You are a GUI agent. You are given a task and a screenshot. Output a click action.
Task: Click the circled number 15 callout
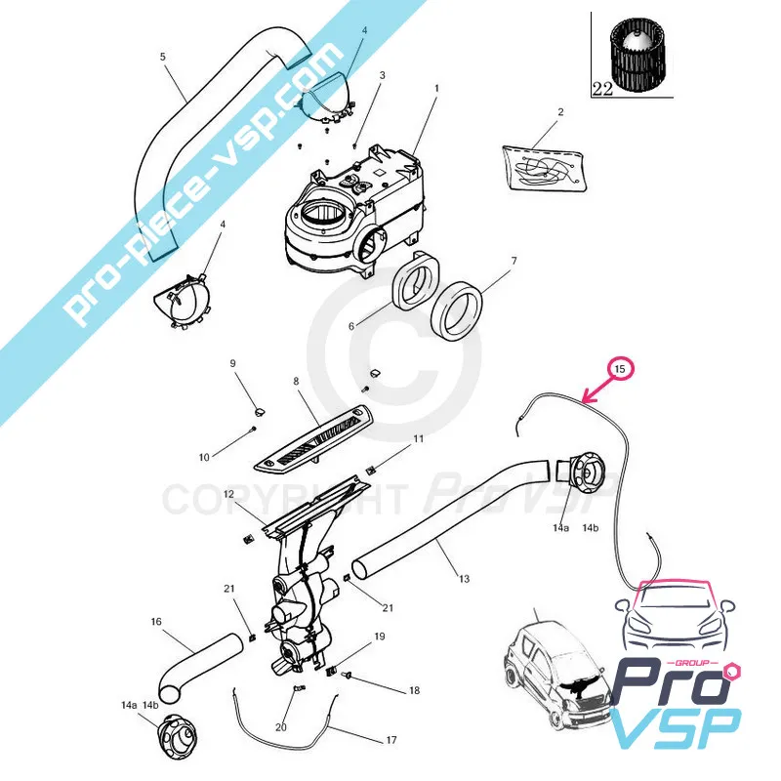(x=621, y=369)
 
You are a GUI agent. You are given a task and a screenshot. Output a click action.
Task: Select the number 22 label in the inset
(x=602, y=88)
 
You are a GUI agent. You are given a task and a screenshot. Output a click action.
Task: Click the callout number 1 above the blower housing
(x=435, y=88)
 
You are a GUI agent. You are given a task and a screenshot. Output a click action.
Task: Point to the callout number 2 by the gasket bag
(x=560, y=112)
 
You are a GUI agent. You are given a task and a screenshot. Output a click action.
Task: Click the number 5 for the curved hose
(x=163, y=57)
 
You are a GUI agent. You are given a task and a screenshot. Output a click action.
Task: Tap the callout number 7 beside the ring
(x=514, y=262)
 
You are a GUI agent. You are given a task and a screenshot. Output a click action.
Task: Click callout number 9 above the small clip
(x=233, y=363)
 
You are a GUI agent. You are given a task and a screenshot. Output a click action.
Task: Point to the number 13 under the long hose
(x=464, y=579)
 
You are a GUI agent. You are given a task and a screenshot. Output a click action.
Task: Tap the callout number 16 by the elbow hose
(x=156, y=621)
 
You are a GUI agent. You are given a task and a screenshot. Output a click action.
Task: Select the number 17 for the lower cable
(x=390, y=740)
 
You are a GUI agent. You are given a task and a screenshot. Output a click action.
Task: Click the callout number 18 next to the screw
(x=414, y=690)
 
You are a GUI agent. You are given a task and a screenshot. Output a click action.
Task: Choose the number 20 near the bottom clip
(x=281, y=727)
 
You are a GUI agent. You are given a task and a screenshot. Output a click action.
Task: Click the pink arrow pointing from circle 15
(x=596, y=390)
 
